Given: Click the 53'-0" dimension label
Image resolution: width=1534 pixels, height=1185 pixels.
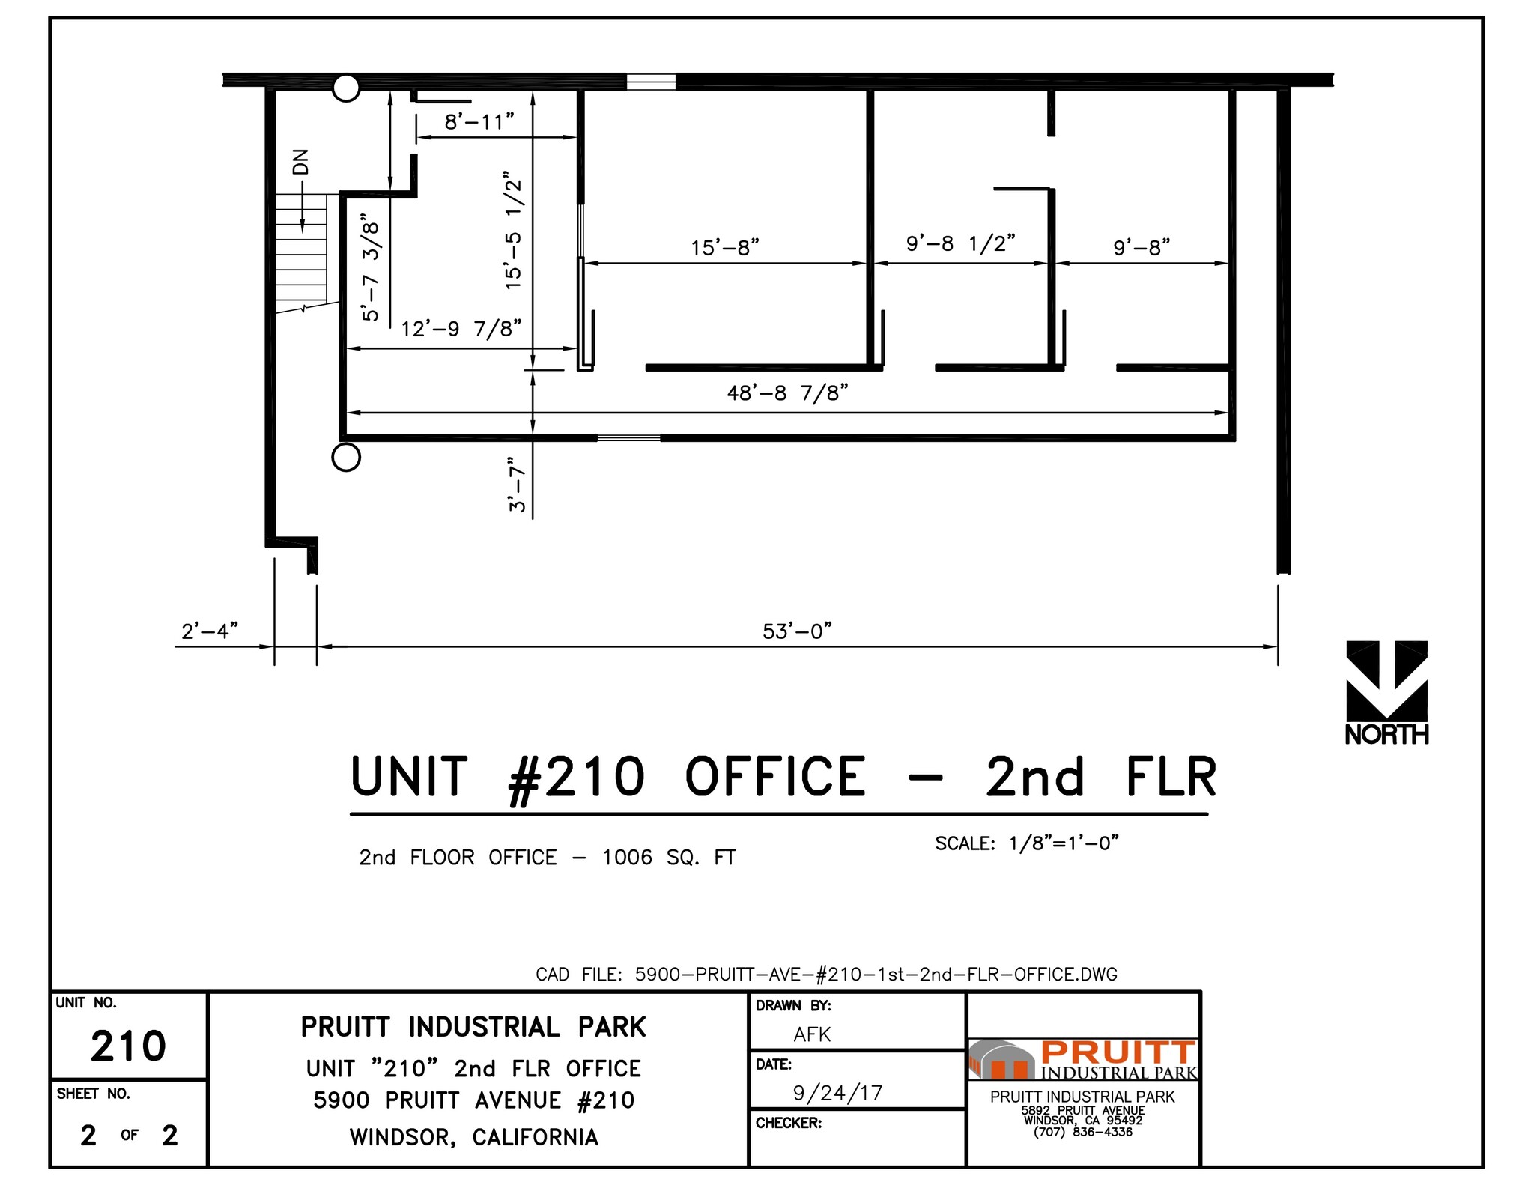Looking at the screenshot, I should pyautogui.click(x=797, y=631).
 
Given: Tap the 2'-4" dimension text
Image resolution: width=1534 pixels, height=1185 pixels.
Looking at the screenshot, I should pyautogui.click(x=210, y=631).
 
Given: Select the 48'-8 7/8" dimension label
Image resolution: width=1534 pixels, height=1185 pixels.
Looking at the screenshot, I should pyautogui.click(x=787, y=393).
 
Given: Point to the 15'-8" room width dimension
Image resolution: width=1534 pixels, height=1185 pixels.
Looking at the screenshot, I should pyautogui.click(x=724, y=247).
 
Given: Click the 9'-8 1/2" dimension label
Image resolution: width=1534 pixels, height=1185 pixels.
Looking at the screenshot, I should pyautogui.click(x=960, y=243).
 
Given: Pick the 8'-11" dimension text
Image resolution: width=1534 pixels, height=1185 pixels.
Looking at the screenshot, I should pyautogui.click(x=479, y=121).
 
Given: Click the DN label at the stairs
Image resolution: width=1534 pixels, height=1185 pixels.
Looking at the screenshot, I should pyautogui.click(x=300, y=162).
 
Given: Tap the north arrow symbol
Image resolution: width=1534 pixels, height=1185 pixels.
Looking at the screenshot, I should pyautogui.click(x=1386, y=682).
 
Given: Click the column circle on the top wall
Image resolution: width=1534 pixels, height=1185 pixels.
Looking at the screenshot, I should pyautogui.click(x=346, y=88).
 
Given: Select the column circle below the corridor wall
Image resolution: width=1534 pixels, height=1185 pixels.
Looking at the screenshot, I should pyautogui.click(x=346, y=457).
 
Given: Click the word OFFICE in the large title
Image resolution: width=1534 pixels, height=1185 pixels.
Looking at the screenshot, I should pyautogui.click(x=775, y=777).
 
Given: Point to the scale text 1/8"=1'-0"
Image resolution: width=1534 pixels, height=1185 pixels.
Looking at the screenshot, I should pyautogui.click(x=1064, y=843).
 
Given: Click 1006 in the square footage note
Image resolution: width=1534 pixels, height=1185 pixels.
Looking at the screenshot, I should pyautogui.click(x=627, y=857).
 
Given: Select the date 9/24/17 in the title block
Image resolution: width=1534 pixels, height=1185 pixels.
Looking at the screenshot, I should pyautogui.click(x=837, y=1093).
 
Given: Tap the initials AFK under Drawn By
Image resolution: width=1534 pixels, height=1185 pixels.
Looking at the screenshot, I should pyautogui.click(x=812, y=1034).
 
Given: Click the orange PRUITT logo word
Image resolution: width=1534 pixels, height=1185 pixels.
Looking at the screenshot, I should pyautogui.click(x=1118, y=1052).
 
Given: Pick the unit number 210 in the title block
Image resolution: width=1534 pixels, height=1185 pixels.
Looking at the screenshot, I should pyautogui.click(x=128, y=1046).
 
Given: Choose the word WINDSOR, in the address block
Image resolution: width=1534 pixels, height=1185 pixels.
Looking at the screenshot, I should pyautogui.click(x=403, y=1137).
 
